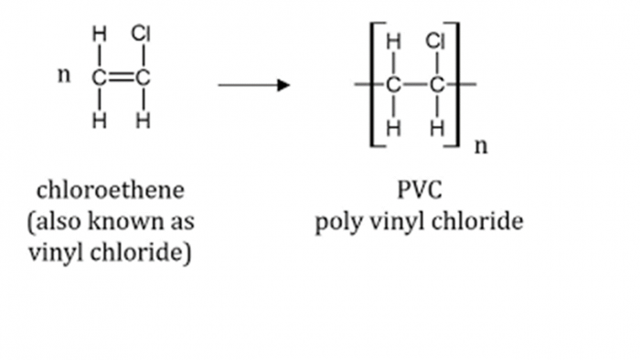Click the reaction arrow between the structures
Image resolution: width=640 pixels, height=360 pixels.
[253, 85]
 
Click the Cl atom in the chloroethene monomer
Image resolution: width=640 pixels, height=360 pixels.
[141, 34]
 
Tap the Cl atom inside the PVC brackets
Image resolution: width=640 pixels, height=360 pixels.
[436, 40]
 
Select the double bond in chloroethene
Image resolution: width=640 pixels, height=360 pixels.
[120, 78]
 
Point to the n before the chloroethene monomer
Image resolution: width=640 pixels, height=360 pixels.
[63, 75]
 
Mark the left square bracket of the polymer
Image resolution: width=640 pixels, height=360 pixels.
[374, 85]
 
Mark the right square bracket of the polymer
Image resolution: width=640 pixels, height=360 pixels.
[456, 85]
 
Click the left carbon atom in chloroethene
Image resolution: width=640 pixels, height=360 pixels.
[99, 78]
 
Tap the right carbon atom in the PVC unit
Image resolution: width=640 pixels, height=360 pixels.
[437, 85]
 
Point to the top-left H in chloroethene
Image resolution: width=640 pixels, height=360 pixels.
[99, 35]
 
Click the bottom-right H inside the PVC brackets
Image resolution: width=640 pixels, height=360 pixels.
[437, 129]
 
